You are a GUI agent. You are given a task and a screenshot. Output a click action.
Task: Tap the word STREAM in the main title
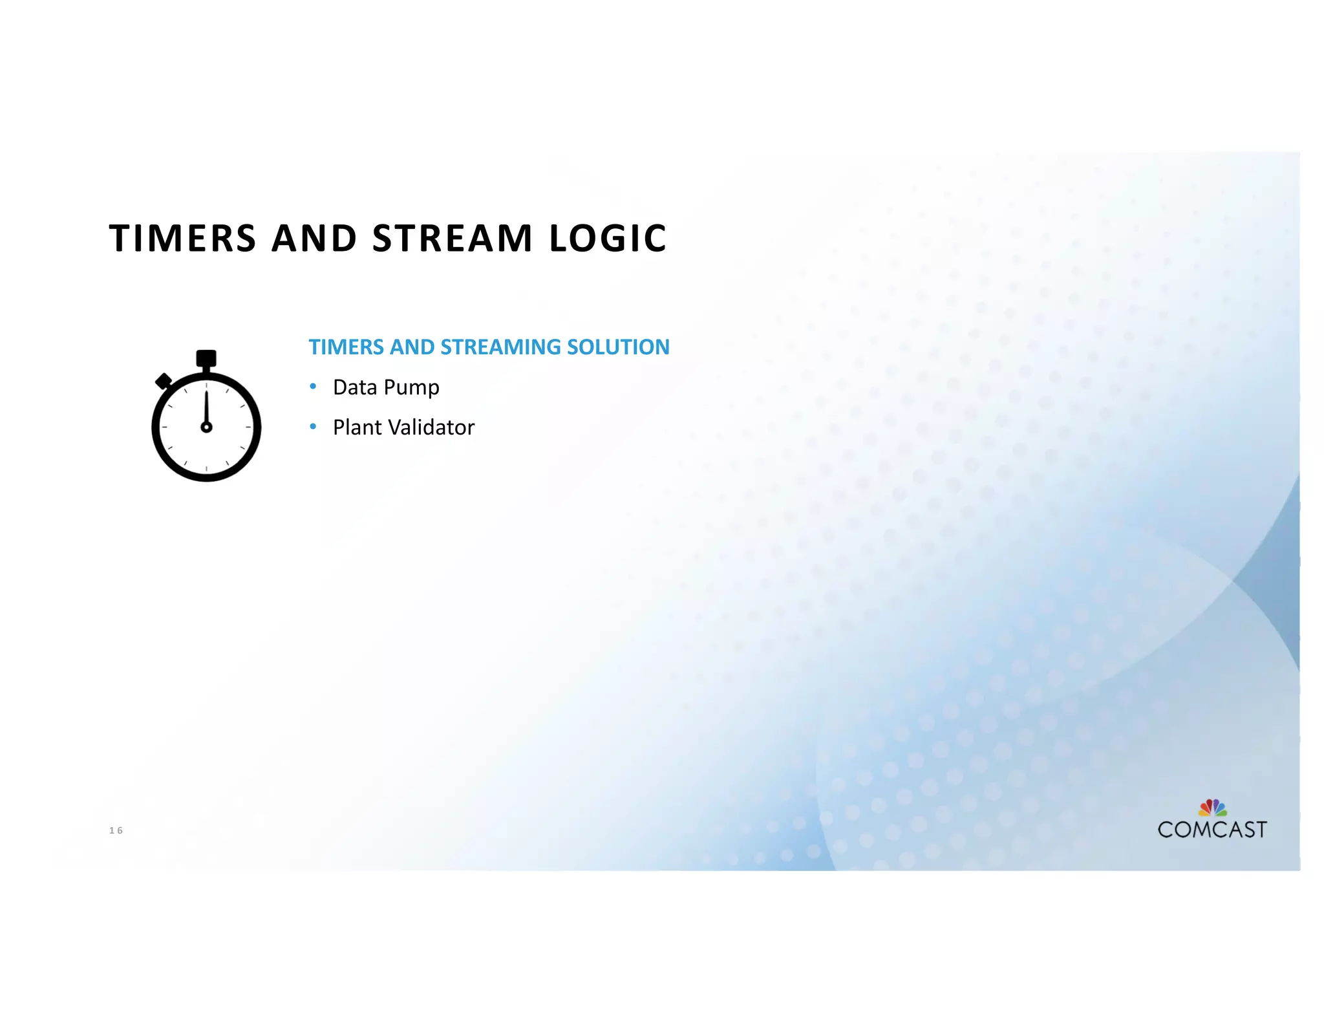pos(453,238)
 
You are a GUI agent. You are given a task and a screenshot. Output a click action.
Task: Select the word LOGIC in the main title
pos(608,238)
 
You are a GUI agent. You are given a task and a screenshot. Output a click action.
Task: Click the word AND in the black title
pos(314,238)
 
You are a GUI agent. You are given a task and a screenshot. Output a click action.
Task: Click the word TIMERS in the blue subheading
pos(347,347)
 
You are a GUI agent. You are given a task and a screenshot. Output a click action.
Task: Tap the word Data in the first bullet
pos(355,387)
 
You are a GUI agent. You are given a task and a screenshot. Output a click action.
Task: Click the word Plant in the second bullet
pos(358,427)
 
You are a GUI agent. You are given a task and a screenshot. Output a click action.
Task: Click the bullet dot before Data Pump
pos(313,387)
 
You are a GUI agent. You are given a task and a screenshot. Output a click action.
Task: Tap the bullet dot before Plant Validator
pos(313,427)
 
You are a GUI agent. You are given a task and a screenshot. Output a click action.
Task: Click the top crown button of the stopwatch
pos(206,358)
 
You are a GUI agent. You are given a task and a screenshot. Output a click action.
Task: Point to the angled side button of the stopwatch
pos(164,381)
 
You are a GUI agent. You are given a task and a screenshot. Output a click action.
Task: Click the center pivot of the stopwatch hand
pos(206,427)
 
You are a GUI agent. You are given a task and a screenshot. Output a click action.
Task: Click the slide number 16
pos(116,830)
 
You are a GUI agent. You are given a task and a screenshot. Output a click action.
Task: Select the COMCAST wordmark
pos(1212,830)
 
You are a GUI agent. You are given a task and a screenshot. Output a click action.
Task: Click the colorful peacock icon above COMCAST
pos(1212,808)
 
